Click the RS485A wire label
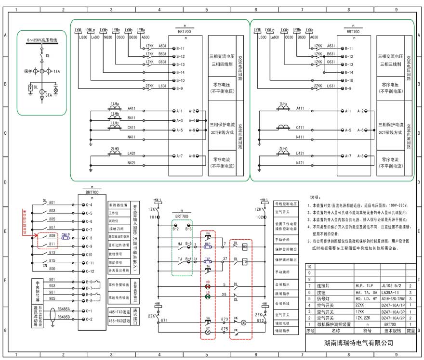pos(64,309)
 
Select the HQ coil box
pos(244,247)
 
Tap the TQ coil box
pos(244,262)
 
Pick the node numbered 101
pos(154,218)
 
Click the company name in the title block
pos(358,343)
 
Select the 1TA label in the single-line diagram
pos(57,71)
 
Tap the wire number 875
pos(225,329)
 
